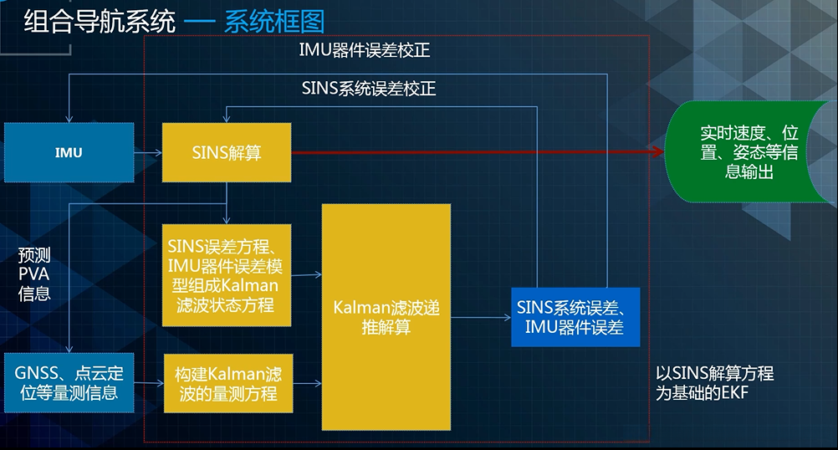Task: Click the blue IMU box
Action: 69,153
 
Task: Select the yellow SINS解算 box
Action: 227,153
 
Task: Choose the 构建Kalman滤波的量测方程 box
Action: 227,383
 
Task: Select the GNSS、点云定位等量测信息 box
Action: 69,383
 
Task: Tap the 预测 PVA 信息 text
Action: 34,273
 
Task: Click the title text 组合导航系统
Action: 100,21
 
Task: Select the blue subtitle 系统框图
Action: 273,21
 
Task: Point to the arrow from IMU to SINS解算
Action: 148,153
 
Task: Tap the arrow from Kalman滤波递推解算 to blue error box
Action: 481,318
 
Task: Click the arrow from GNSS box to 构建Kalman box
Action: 148,384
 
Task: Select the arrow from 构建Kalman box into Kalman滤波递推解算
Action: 307,384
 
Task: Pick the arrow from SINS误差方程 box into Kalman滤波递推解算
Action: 307,274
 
